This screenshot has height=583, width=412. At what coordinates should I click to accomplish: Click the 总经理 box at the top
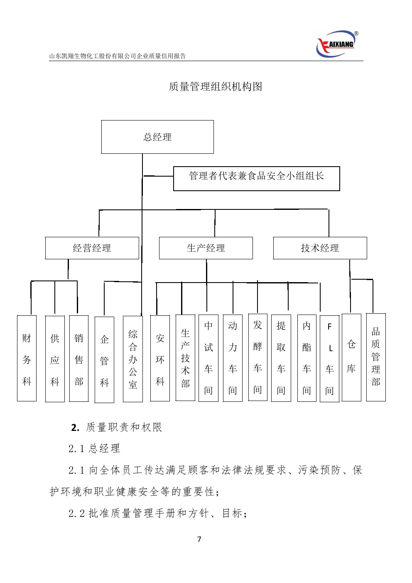pyautogui.click(x=157, y=137)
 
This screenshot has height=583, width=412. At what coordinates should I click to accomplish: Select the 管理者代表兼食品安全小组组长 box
pyautogui.click(x=256, y=179)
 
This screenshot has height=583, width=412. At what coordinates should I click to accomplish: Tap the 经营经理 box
pyautogui.click(x=92, y=248)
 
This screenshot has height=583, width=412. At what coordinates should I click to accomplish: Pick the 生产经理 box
pyautogui.click(x=206, y=248)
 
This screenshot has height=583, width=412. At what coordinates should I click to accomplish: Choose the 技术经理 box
pyautogui.click(x=320, y=248)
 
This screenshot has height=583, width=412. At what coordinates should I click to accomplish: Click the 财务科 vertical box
pyautogui.click(x=27, y=358)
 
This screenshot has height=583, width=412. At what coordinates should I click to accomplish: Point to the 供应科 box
pyautogui.click(x=55, y=359)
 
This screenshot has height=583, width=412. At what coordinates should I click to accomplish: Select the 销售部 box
pyautogui.click(x=79, y=359)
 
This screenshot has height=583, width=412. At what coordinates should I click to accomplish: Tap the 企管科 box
pyautogui.click(x=104, y=360)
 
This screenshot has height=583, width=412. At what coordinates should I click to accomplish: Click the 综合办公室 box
pyautogui.click(x=133, y=359)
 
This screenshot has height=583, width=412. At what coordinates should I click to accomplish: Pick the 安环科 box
pyautogui.click(x=160, y=359)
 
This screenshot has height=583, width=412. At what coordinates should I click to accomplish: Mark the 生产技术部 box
pyautogui.click(x=185, y=358)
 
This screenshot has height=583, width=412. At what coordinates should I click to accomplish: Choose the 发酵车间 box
pyautogui.click(x=257, y=357)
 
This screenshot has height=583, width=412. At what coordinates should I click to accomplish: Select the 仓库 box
pyautogui.click(x=351, y=357)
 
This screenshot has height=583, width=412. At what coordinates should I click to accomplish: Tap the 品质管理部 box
pyautogui.click(x=376, y=357)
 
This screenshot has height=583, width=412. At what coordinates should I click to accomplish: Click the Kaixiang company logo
pyautogui.click(x=337, y=44)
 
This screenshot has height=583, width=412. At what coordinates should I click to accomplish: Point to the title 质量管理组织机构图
pyautogui.click(x=215, y=86)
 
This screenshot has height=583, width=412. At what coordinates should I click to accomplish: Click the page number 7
pyautogui.click(x=199, y=539)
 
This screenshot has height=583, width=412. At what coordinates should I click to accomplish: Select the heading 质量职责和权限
pyautogui.click(x=123, y=427)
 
